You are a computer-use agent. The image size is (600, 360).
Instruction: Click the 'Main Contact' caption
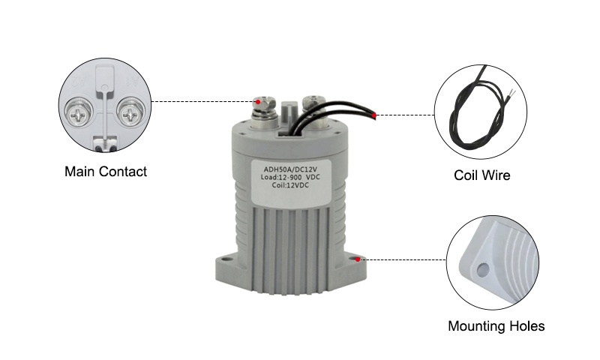click(105, 172)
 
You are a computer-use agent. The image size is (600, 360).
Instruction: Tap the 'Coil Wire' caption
click(482, 176)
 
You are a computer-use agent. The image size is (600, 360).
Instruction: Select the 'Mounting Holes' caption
click(496, 326)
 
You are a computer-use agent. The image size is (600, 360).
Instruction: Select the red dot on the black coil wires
click(375, 115)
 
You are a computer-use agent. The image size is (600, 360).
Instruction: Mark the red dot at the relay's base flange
click(359, 259)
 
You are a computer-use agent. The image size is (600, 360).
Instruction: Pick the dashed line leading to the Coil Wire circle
click(405, 115)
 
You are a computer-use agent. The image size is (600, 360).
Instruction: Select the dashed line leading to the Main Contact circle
click(202, 101)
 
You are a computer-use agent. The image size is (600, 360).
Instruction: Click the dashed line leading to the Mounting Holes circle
click(405, 259)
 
